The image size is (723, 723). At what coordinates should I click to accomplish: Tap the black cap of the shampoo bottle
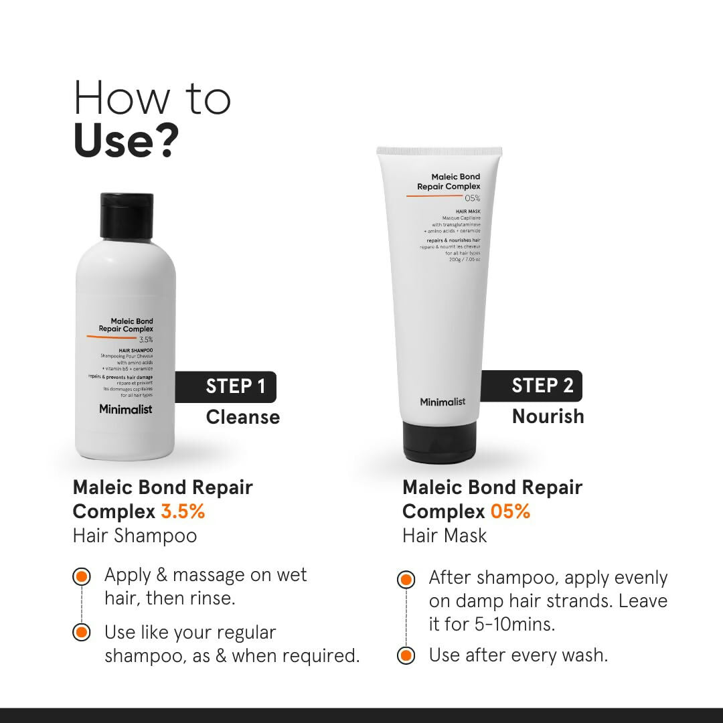click(127, 211)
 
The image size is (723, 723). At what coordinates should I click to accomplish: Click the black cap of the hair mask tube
click(439, 442)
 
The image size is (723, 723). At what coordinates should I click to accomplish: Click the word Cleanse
click(242, 417)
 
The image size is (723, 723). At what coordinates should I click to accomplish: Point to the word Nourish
click(548, 416)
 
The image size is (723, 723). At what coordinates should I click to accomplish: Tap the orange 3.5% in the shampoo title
click(183, 512)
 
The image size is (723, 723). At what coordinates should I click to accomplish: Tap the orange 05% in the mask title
click(510, 512)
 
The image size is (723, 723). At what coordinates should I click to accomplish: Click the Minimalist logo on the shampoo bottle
click(125, 409)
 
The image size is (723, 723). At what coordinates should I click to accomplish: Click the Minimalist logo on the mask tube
click(443, 402)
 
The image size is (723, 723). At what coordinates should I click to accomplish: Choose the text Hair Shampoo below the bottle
click(135, 536)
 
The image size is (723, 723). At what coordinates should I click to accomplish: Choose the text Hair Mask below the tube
click(445, 536)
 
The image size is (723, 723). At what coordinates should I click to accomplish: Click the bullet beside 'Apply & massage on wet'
click(82, 576)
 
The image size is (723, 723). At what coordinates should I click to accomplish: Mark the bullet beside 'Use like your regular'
click(82, 633)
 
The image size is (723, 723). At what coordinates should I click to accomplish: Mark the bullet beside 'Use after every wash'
click(406, 655)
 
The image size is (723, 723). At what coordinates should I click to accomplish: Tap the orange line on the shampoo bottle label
click(111, 337)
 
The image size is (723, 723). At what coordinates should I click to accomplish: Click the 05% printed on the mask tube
click(473, 198)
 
